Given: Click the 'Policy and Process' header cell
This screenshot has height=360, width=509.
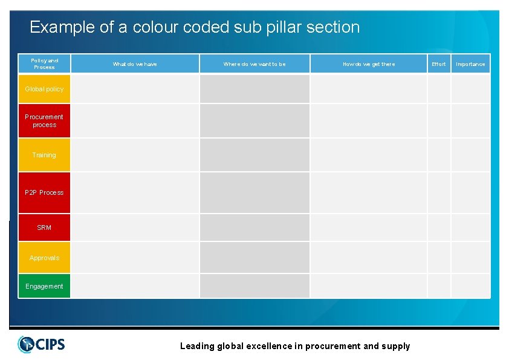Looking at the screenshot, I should click(44, 64).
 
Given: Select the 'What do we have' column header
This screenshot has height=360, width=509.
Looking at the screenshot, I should click(135, 64).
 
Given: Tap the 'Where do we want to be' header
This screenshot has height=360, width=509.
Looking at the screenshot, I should click(254, 64).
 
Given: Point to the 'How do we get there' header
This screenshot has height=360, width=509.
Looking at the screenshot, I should click(369, 64).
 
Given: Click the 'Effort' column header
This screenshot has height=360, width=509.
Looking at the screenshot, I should click(439, 64).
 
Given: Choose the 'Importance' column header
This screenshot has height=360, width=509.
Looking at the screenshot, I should click(470, 64).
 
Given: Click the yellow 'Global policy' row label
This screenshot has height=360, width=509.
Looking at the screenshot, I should click(44, 89).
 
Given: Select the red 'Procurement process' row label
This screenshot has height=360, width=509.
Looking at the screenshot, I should click(44, 120).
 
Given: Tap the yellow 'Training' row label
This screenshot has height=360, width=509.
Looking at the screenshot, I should click(44, 155).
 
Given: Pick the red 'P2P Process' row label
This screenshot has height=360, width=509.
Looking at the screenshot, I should click(44, 192).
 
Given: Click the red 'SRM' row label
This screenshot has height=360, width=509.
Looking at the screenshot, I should click(44, 227).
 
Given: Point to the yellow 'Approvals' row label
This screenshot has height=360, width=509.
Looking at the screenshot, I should click(44, 258).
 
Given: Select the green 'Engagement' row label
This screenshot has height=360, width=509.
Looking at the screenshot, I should click(44, 286).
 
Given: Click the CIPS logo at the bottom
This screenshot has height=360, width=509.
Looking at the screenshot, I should click(42, 344).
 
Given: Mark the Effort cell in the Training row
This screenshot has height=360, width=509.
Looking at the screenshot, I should click(439, 155).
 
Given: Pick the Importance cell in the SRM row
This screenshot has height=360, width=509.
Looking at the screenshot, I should click(470, 227).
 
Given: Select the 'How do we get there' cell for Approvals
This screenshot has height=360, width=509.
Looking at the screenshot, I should click(369, 258).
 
